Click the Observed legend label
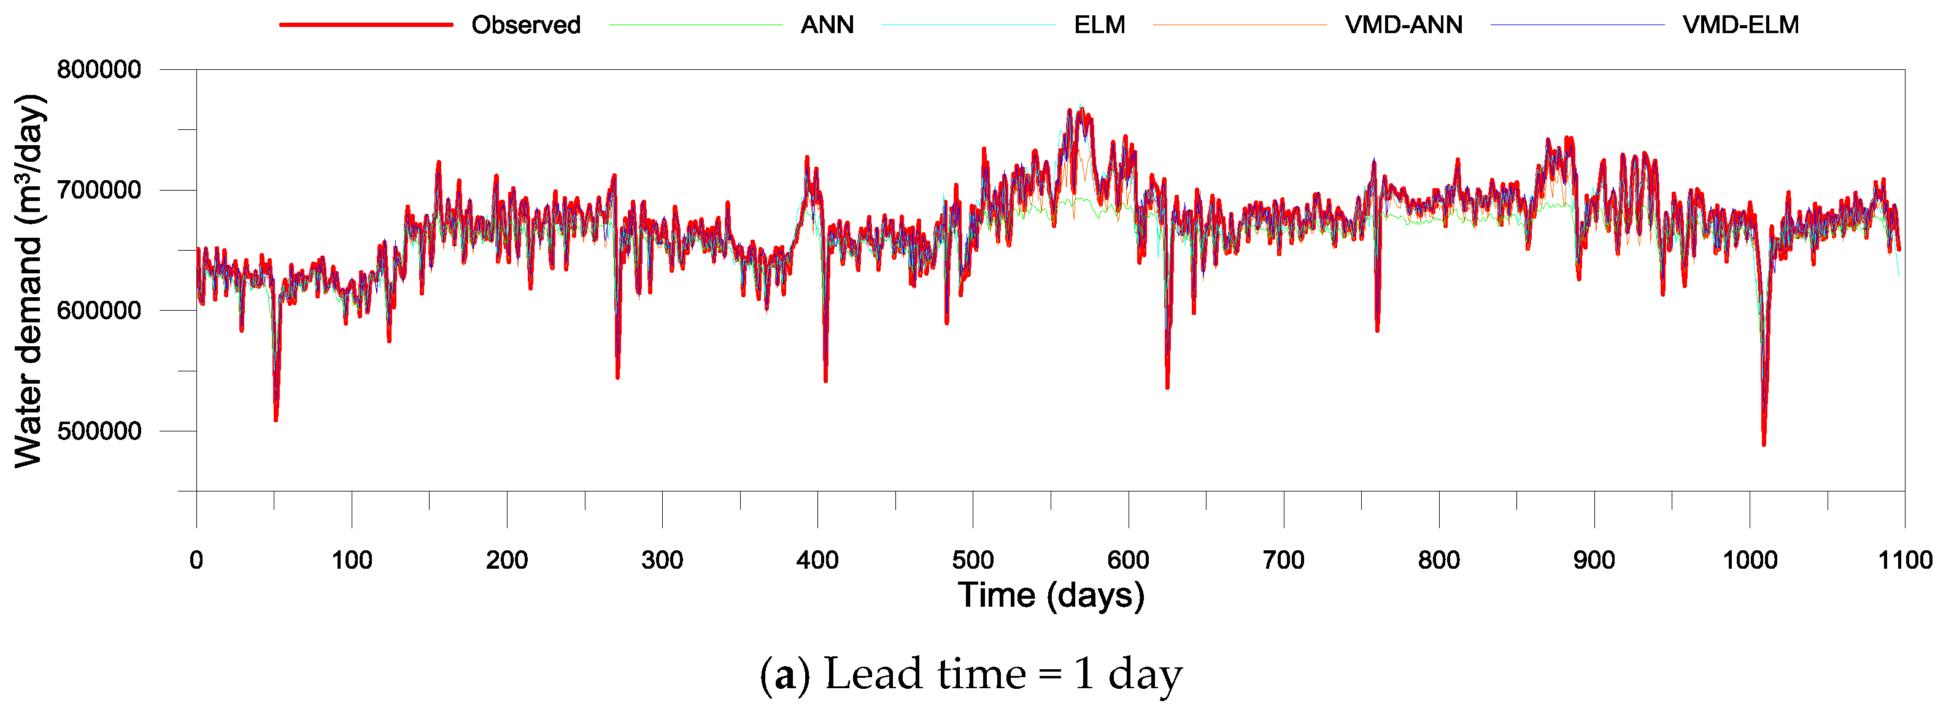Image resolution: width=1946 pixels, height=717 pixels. coord(526,25)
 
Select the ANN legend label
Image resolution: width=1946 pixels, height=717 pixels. coord(827,25)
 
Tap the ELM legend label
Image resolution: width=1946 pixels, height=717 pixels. coord(1099,25)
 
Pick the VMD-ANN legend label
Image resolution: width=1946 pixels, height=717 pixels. coord(1404,25)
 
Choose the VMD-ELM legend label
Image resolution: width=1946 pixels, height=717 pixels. coord(1740,25)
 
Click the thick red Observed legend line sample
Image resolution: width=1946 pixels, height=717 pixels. coord(366,25)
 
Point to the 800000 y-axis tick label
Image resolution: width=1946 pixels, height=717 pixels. coord(99,69)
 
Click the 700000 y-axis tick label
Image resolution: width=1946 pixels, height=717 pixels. coord(99,189)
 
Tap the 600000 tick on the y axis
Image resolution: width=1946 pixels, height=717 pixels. coord(99,310)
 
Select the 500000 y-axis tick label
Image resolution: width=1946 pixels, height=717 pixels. coord(99,431)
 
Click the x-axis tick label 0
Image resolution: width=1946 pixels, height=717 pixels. coord(196,560)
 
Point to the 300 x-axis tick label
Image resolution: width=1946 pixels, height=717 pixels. coord(662,560)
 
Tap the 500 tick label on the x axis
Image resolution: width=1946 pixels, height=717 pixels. coord(973,560)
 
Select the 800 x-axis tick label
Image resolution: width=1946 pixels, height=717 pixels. coord(1439,560)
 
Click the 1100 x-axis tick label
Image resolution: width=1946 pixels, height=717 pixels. coord(1904,560)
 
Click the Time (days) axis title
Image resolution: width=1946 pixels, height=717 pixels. coord(1051,596)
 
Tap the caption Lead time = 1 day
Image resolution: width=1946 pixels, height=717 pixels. coord(971,674)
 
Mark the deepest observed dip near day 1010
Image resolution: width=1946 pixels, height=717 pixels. coord(1764,444)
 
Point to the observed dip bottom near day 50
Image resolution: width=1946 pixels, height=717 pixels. coord(276,420)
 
